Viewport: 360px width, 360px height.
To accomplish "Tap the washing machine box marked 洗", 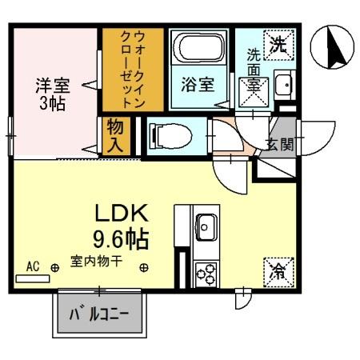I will [x=278, y=44].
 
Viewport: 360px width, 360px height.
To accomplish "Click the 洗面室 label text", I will [x=253, y=68].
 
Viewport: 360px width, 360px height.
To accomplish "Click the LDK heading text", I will [x=122, y=214].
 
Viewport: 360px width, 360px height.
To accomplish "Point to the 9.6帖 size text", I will [x=122, y=238].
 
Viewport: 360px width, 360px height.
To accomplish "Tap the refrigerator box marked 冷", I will [x=276, y=271].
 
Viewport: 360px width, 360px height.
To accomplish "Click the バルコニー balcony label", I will [x=100, y=313].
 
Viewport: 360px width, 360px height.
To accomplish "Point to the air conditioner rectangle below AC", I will [x=32, y=279].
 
